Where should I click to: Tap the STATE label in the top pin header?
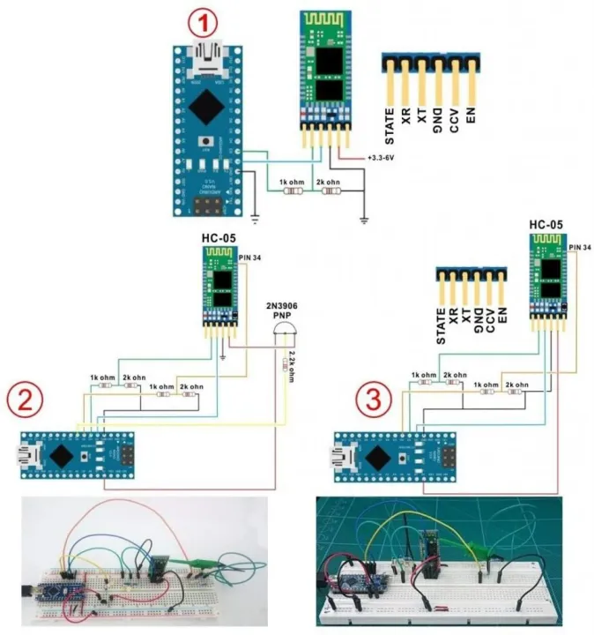390,124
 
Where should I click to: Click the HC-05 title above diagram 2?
218,240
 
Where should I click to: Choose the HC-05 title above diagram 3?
546,225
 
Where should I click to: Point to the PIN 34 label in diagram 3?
579,248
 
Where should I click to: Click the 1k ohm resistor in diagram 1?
291,190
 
